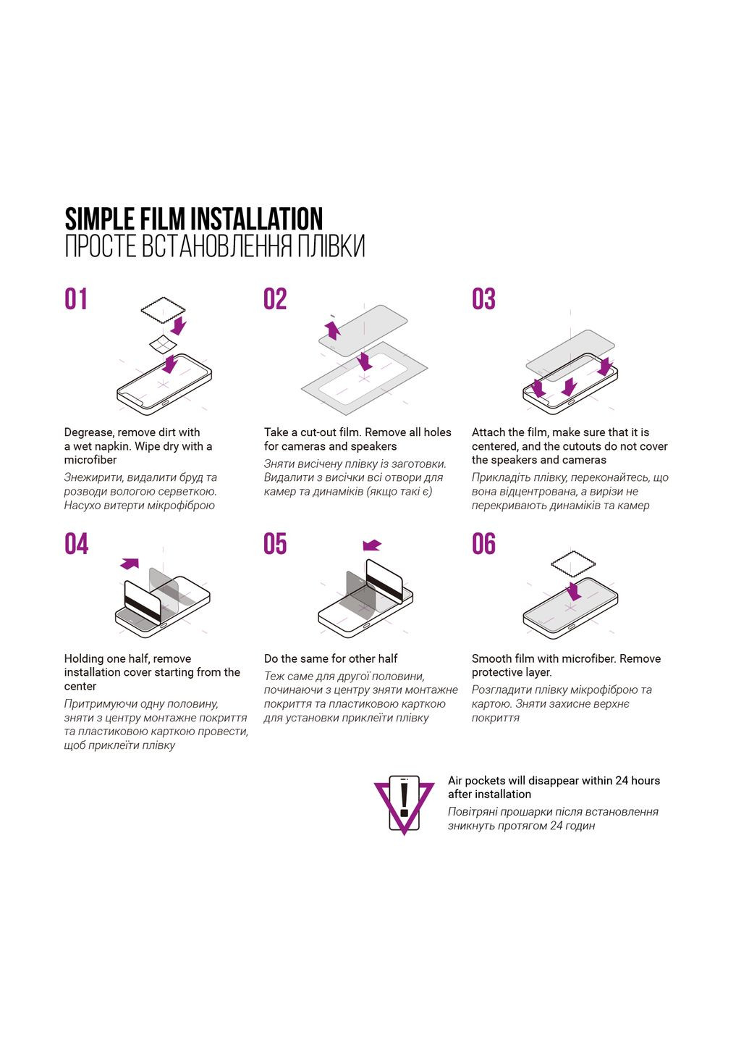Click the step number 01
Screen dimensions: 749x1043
tap(75, 299)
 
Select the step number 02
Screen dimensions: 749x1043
tap(275, 299)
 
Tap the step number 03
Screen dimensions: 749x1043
tap(483, 299)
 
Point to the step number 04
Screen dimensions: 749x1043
tap(76, 544)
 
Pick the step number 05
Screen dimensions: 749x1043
tap(275, 544)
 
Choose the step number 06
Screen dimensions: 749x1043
tap(483, 544)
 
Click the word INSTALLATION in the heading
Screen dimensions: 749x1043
tap(257, 219)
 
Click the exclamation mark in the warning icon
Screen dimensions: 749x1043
tap(404, 799)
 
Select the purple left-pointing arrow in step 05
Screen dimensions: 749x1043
tap(372, 545)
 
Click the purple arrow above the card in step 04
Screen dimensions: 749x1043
tap(130, 564)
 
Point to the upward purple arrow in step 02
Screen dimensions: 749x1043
tap(333, 329)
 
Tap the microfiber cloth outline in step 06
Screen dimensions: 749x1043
tap(573, 564)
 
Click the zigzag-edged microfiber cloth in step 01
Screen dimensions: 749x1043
tap(164, 310)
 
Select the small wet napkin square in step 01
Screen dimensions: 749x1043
tap(163, 344)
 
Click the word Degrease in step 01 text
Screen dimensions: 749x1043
tap(88, 432)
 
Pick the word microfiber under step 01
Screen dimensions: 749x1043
tap(90, 459)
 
